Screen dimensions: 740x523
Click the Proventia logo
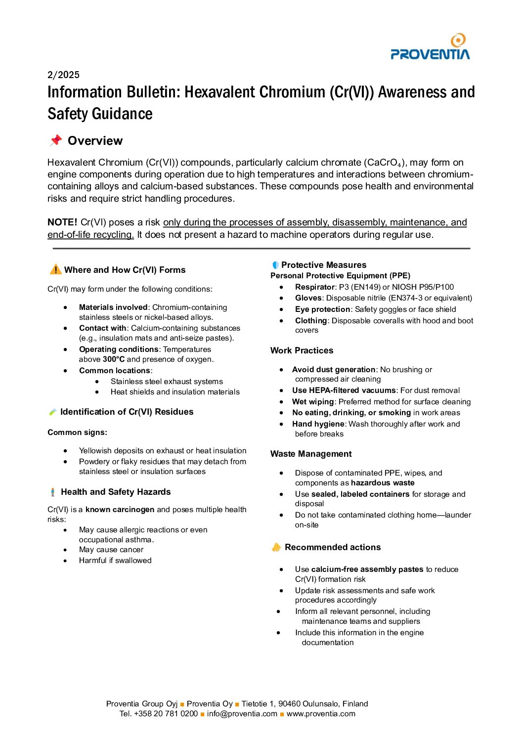click(430, 47)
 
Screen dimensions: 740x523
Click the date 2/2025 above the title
click(63, 75)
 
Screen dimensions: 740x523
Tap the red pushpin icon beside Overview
click(56, 140)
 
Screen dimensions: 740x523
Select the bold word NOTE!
click(62, 222)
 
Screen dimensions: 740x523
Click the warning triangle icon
click(55, 269)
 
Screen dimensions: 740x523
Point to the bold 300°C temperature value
click(114, 359)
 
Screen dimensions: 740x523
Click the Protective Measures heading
click(324, 265)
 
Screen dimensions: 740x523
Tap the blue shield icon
click(275, 265)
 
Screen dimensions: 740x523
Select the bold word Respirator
click(315, 287)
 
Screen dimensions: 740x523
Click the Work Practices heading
click(302, 350)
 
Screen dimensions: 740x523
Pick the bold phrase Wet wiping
click(313, 402)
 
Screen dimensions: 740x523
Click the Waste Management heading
click(311, 454)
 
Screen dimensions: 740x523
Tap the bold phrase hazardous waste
click(383, 483)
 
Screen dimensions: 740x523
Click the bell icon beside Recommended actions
click(276, 547)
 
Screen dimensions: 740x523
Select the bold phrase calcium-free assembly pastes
click(367, 569)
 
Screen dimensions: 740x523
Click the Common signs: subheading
click(77, 433)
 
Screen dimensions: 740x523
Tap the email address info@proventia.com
click(242, 714)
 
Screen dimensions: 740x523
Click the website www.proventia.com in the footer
click(321, 714)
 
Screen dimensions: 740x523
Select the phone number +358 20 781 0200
click(166, 714)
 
